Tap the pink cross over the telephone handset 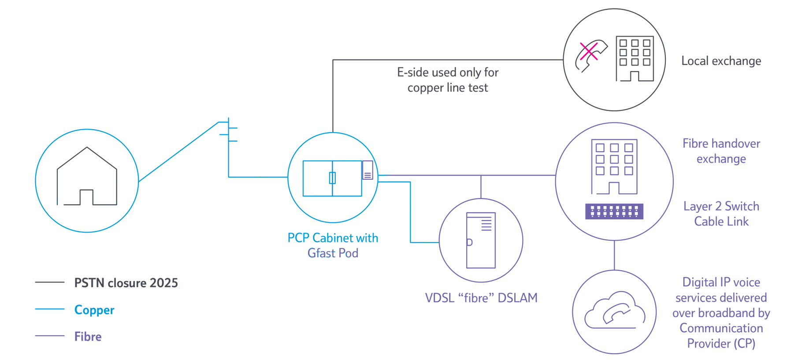point(588,51)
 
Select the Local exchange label point(721,61)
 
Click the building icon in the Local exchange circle point(635,59)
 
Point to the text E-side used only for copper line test point(448,80)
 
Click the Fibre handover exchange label point(721,151)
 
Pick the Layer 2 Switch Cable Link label point(721,214)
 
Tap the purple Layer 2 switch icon point(614,212)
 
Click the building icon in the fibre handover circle point(614,167)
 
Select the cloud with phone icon point(614,310)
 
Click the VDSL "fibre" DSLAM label point(481,298)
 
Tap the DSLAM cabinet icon point(481,241)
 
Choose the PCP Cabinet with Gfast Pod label point(333,245)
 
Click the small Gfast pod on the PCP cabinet point(368,170)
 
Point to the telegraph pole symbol point(229,132)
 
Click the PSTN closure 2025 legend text point(126,283)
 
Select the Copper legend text point(94,310)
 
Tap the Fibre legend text point(88,337)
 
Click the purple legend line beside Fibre point(50,336)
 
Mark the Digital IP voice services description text point(721,313)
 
